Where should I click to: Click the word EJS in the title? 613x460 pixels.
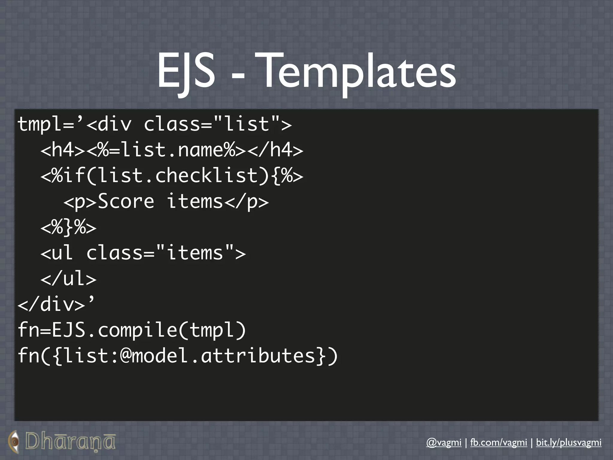(186, 72)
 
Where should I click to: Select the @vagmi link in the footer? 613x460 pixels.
(444, 442)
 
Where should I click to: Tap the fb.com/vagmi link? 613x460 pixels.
(498, 442)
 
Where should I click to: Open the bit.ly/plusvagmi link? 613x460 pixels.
(568, 442)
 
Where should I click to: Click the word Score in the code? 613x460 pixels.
(126, 201)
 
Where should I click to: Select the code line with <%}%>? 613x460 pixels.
(69, 228)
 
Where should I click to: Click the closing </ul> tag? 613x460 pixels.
(69, 279)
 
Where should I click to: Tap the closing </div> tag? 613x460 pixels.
(51, 304)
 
